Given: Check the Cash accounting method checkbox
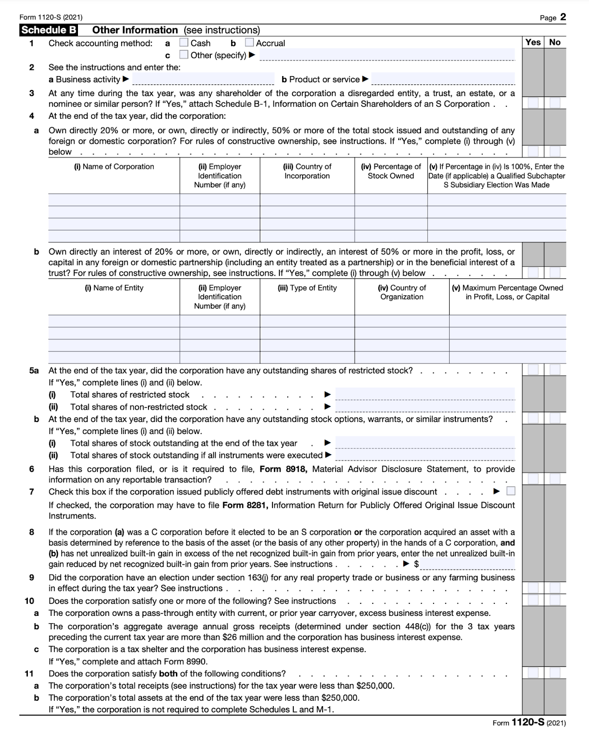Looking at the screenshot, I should point(184,43).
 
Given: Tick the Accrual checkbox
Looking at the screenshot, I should point(249,43).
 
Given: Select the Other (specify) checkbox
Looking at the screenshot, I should point(184,55).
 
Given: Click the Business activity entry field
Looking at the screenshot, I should point(203,79).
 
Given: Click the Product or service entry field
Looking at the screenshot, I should point(443,79).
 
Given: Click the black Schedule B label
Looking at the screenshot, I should point(49,30).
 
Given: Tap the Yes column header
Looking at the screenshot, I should point(533,42).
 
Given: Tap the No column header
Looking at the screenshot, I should point(555,42).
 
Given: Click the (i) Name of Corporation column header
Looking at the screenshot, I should point(114,166).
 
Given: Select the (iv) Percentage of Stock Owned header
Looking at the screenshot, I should point(391,171).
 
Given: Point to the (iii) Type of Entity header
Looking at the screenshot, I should point(307,288).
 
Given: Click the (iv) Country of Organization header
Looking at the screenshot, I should point(401,292).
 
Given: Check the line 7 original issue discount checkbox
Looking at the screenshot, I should point(511,491).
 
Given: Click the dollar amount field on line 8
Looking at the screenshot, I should point(467,564).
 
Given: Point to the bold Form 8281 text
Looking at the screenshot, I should point(245,505).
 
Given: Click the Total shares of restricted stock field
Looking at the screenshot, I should point(425,394).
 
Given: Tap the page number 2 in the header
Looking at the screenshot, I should point(563,17).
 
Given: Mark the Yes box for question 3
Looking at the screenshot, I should point(533,102).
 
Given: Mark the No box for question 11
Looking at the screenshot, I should point(555,672).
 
